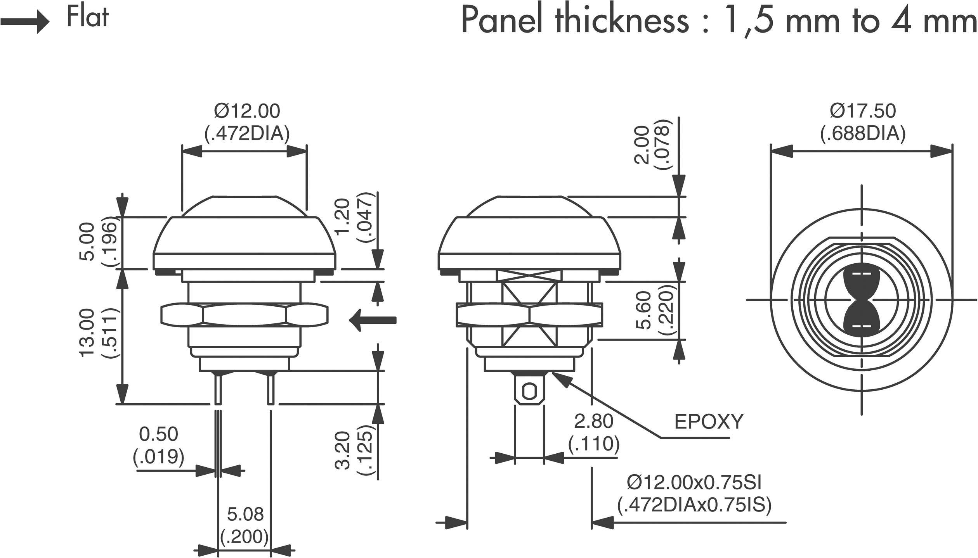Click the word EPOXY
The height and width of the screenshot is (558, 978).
tap(708, 422)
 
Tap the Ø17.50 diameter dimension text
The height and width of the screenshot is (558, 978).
tap(863, 111)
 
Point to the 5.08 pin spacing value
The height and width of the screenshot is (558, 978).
tap(245, 515)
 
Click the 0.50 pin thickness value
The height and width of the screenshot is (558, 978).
tap(158, 434)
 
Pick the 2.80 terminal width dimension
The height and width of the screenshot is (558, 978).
tap(593, 422)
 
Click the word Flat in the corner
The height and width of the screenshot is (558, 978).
tap(87, 18)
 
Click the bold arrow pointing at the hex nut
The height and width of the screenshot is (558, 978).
tap(373, 320)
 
